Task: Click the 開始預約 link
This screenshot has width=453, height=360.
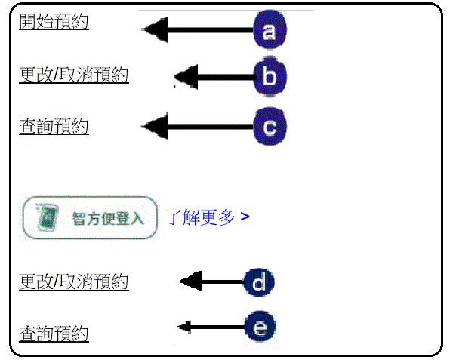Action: coord(54,21)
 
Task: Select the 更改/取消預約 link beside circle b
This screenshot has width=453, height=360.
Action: coord(73,75)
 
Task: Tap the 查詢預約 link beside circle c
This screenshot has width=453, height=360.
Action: coord(54,126)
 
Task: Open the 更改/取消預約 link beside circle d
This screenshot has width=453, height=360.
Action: coord(73,282)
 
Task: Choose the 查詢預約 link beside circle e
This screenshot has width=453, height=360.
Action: coord(54,333)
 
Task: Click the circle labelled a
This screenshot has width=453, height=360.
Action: coord(269,31)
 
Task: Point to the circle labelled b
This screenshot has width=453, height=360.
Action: coord(270,76)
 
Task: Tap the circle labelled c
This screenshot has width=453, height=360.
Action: coord(270,126)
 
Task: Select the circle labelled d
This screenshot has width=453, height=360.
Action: coord(259,283)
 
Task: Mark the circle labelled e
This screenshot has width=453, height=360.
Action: coord(260,328)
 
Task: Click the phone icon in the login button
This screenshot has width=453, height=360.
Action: coord(47,217)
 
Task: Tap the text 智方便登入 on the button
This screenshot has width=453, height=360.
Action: coord(107,219)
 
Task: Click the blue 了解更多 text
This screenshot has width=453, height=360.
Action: coord(200,217)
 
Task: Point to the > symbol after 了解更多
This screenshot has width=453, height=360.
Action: coord(245,217)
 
